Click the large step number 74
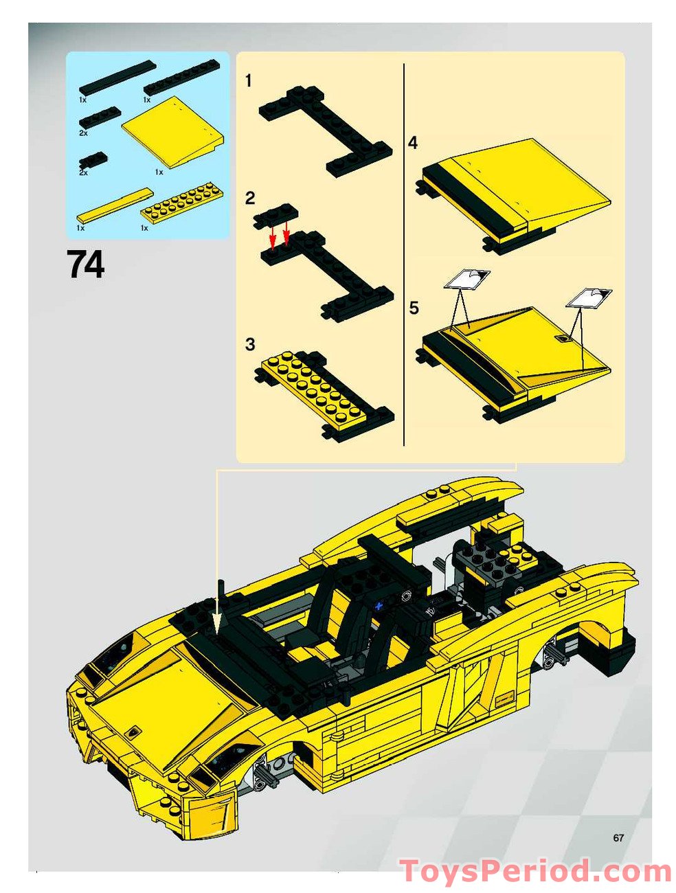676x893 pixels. click(86, 264)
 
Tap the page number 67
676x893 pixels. click(618, 837)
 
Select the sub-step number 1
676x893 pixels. click(249, 81)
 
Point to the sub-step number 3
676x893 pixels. click(250, 344)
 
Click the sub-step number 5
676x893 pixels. click(414, 308)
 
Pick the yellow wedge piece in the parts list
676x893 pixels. click(173, 131)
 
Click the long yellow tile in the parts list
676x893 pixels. click(114, 205)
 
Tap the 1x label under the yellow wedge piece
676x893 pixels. click(159, 172)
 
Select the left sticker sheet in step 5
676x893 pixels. click(466, 279)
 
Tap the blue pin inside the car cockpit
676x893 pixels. click(378, 606)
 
